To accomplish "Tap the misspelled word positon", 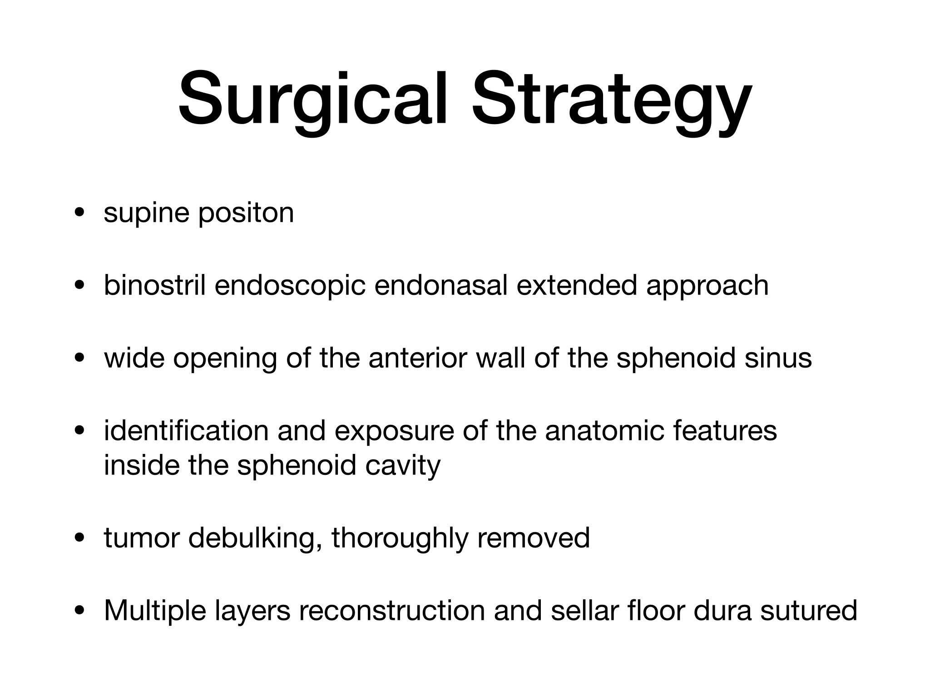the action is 246,214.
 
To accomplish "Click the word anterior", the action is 417,358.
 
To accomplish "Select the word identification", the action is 186,430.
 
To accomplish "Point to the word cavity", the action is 403,467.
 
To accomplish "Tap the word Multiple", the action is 154,610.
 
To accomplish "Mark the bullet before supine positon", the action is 80,213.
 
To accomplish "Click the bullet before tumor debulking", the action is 80,538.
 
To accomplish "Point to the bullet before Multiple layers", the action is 80,610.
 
